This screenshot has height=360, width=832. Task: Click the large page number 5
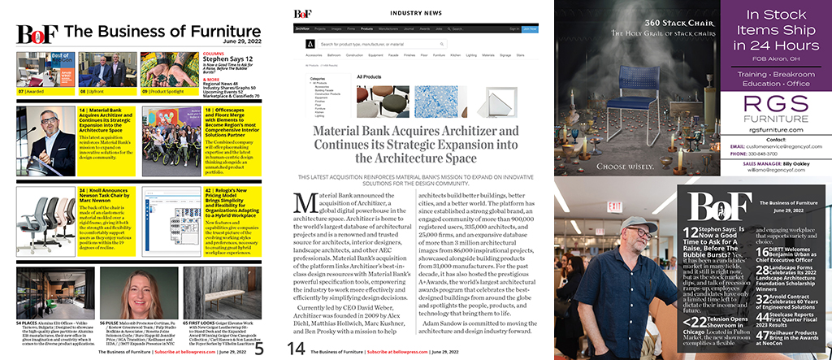point(258,349)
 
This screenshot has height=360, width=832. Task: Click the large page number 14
point(296,347)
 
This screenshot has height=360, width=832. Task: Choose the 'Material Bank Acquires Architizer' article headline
point(416,146)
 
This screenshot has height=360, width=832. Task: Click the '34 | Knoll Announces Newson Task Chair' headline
point(107,198)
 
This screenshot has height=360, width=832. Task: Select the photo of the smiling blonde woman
point(142,293)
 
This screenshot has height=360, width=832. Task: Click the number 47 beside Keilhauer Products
point(764,335)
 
